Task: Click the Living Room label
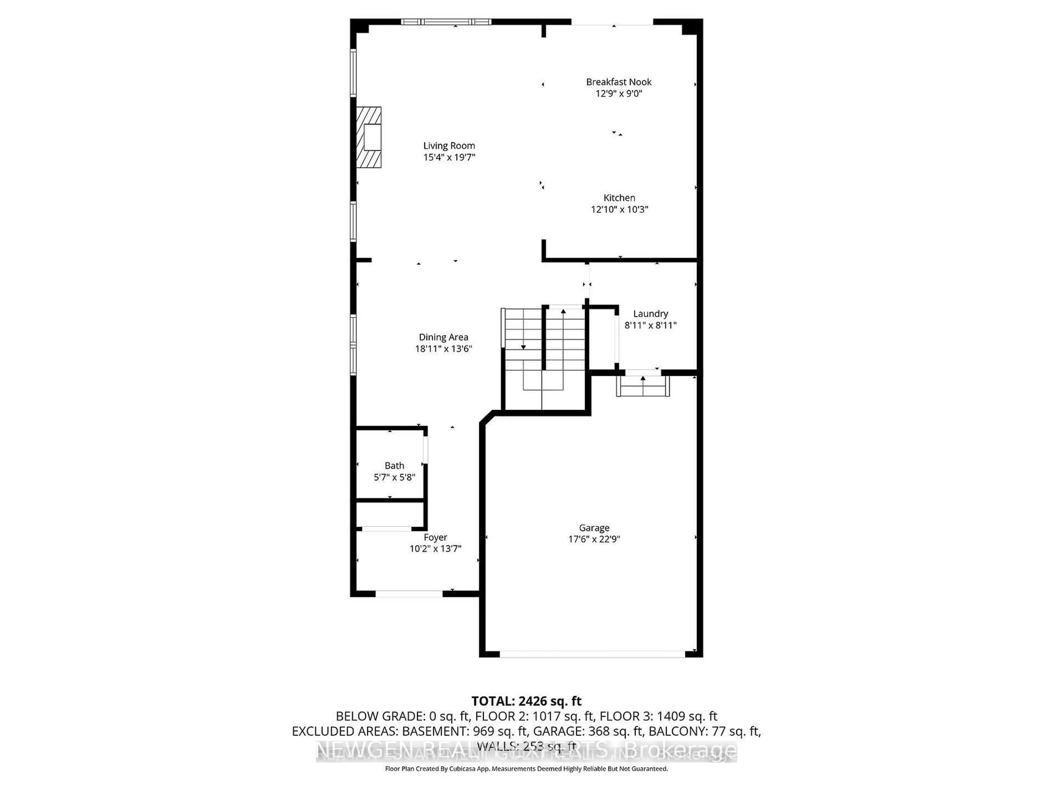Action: click(449, 146)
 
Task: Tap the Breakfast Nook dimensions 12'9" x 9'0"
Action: click(618, 93)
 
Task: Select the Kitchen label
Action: click(619, 198)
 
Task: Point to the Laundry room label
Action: click(650, 314)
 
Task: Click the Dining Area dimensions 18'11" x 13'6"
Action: click(443, 349)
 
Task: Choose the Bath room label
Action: click(394, 466)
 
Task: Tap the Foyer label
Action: click(435, 537)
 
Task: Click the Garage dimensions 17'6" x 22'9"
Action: click(594, 539)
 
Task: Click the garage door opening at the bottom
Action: click(592, 654)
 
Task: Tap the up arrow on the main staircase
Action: click(563, 312)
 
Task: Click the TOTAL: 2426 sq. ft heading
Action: click(526, 701)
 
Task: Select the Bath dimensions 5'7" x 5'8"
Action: click(394, 477)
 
